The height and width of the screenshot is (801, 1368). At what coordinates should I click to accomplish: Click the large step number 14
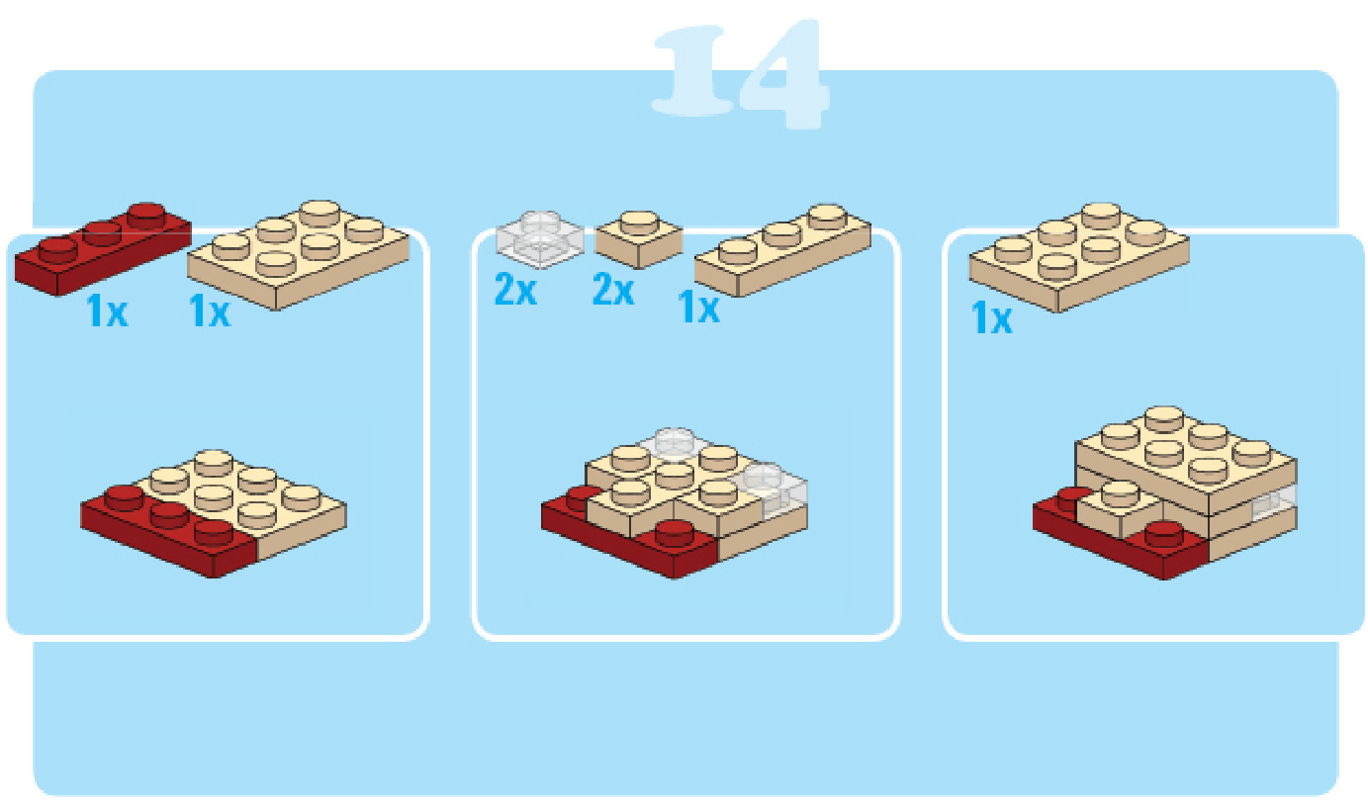pyautogui.click(x=740, y=73)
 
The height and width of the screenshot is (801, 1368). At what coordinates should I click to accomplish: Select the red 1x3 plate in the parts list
pyautogui.click(x=103, y=250)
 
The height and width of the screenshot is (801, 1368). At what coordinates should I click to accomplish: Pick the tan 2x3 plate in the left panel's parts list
pyautogui.click(x=298, y=254)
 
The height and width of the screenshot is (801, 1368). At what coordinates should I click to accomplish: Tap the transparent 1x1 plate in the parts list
pyautogui.click(x=540, y=239)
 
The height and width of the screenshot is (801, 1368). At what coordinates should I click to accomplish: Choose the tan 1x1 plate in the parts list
pyautogui.click(x=639, y=239)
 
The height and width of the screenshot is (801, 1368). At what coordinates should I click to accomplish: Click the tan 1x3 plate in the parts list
pyautogui.click(x=783, y=250)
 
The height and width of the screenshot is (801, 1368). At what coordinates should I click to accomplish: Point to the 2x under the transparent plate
pyautogui.click(x=515, y=290)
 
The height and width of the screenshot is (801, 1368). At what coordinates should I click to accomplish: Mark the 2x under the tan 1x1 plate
pyautogui.click(x=613, y=290)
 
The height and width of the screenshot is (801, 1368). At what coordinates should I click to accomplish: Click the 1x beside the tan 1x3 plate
pyautogui.click(x=698, y=307)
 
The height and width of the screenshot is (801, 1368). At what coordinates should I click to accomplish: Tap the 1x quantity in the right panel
pyautogui.click(x=992, y=317)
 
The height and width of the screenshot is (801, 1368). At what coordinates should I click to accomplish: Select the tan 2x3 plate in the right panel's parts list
pyautogui.click(x=1080, y=258)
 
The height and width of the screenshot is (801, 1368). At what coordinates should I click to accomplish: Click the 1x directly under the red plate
pyautogui.click(x=108, y=311)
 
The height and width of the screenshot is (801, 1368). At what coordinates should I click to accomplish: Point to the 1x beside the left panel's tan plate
pyautogui.click(x=210, y=311)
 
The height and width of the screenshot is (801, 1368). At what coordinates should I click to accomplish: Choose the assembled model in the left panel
pyautogui.click(x=214, y=514)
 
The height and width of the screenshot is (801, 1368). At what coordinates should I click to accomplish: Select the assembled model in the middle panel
pyautogui.click(x=675, y=503)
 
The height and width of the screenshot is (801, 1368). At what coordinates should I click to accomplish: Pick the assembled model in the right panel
pyautogui.click(x=1165, y=493)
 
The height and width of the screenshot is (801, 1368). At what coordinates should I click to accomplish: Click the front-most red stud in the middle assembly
pyautogui.click(x=673, y=532)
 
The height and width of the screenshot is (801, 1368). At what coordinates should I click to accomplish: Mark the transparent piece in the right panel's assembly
pyautogui.click(x=1274, y=504)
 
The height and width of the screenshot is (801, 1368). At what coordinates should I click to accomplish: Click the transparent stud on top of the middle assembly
pyautogui.click(x=675, y=441)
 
